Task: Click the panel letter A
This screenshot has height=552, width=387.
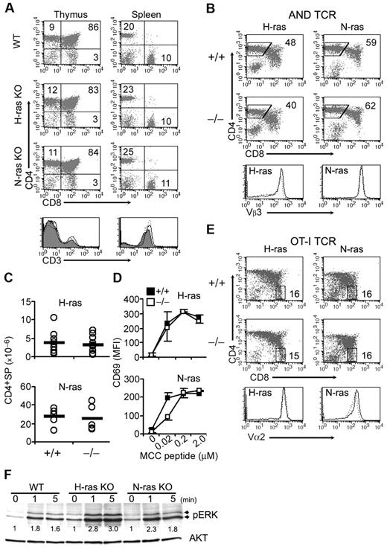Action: [x=7, y=7]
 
